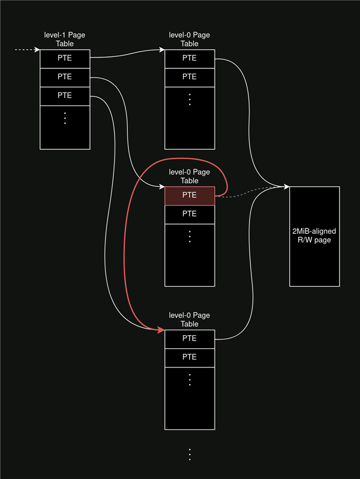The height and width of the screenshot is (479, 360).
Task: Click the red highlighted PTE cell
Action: pyautogui.click(x=190, y=195)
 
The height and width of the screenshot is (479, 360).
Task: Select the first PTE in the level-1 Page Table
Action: pyautogui.click(x=65, y=58)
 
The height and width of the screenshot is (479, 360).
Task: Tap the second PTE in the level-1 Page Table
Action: pyautogui.click(x=65, y=77)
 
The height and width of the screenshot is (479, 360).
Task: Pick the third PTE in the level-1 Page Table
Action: pyautogui.click(x=65, y=95)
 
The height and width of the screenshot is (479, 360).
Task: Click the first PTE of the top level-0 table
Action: pyautogui.click(x=190, y=58)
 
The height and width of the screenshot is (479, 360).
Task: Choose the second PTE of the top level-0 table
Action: pyautogui.click(x=190, y=77)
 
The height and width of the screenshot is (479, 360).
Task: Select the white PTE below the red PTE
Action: pyautogui.click(x=190, y=214)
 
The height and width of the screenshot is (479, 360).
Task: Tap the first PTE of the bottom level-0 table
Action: pyautogui.click(x=190, y=339)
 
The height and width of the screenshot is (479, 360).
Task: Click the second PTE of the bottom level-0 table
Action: pyautogui.click(x=190, y=357)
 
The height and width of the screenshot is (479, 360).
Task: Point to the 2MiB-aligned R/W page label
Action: pyautogui.click(x=314, y=236)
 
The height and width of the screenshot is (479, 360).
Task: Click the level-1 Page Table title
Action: pyautogui.click(x=65, y=40)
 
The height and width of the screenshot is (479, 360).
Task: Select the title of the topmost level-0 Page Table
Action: pyautogui.click(x=190, y=40)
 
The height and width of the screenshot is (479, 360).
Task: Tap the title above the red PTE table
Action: pyautogui.click(x=190, y=176)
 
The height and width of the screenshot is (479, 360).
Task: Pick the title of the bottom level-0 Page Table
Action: pyautogui.click(x=190, y=320)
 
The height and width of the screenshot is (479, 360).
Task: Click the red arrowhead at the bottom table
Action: pyautogui.click(x=161, y=330)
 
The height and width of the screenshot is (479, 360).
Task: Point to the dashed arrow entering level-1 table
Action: pyautogui.click(x=27, y=50)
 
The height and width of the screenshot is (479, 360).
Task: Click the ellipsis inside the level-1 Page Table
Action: pyautogui.click(x=65, y=118)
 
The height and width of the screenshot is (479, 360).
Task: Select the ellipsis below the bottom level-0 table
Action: pyautogui.click(x=190, y=454)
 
